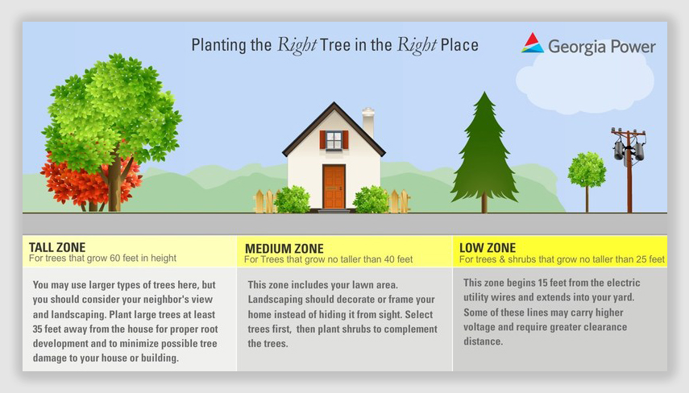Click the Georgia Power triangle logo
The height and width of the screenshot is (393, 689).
[533, 43]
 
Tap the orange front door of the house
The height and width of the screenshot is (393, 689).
[334, 187]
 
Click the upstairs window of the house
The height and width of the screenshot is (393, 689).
[334, 140]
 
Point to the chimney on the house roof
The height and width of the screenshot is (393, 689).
[367, 123]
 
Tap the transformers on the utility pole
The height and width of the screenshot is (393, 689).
[629, 150]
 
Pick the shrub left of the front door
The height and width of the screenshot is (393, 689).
[292, 200]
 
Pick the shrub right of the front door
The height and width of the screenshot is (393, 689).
[371, 200]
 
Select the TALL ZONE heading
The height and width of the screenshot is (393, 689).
[57, 247]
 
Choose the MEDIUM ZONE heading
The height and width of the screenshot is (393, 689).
[284, 249]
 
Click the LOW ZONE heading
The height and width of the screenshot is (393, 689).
[488, 248]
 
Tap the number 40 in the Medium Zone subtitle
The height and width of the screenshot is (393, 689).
[389, 259]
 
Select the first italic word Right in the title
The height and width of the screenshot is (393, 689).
[297, 45]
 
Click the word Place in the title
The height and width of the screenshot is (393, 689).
[459, 45]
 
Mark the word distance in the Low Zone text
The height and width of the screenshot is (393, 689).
[483, 341]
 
